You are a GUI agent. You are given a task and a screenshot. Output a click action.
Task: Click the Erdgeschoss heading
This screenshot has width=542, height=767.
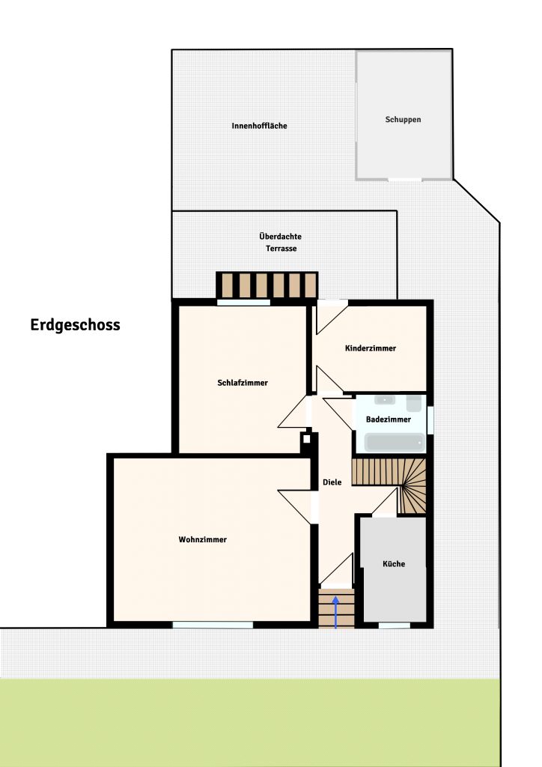(76, 325)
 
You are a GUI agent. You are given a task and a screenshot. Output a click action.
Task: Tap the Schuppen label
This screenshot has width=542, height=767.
(403, 119)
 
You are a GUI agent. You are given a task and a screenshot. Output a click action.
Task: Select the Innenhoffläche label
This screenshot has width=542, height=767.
(259, 126)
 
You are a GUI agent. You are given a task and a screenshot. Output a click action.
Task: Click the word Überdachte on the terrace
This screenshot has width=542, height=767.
(280, 236)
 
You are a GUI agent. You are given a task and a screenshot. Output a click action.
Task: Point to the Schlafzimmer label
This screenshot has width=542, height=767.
(243, 383)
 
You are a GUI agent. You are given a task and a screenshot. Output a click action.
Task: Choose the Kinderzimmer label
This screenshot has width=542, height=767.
(370, 348)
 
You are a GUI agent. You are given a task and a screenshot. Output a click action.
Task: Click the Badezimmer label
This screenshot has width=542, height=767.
(388, 419)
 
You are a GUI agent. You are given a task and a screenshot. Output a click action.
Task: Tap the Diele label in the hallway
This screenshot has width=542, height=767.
(332, 482)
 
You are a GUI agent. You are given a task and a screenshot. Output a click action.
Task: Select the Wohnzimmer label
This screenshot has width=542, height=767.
(202, 539)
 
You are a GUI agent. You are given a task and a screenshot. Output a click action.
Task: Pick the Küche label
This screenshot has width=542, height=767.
(394, 563)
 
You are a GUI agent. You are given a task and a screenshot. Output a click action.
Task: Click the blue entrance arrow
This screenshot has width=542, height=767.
(336, 612)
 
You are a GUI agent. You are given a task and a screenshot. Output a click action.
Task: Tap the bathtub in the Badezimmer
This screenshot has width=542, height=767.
(395, 443)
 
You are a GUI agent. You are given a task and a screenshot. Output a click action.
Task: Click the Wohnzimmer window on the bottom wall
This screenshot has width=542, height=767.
(213, 625)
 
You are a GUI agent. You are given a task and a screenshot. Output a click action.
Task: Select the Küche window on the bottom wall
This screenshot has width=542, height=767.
(395, 625)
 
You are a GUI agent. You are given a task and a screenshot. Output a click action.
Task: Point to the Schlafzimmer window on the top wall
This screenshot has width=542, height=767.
(243, 303)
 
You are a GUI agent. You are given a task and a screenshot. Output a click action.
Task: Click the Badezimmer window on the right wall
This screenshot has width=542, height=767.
(430, 419)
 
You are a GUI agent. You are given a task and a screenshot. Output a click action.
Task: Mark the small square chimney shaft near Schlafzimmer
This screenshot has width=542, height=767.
(306, 439)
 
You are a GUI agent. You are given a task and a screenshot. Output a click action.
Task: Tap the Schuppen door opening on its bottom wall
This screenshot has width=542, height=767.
(405, 180)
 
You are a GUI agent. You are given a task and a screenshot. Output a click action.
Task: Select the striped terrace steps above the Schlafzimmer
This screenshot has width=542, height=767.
(267, 285)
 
